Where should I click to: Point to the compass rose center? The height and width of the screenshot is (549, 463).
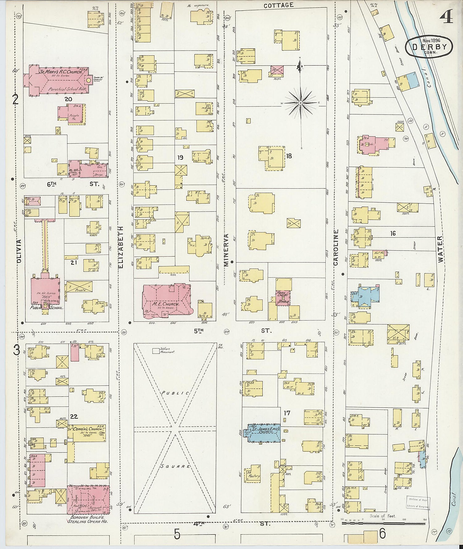300,102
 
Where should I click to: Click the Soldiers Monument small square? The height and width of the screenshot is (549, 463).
156,351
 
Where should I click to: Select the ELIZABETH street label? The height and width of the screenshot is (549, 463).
121,247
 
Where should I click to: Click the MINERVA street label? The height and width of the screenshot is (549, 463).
226,250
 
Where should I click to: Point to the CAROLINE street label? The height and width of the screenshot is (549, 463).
336,247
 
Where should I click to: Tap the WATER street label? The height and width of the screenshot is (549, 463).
440,249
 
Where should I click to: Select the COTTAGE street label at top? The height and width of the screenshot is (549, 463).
278,5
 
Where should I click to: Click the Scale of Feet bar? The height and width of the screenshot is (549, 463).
384,523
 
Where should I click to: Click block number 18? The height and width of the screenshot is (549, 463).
289,156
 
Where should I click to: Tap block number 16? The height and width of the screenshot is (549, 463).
393,234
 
